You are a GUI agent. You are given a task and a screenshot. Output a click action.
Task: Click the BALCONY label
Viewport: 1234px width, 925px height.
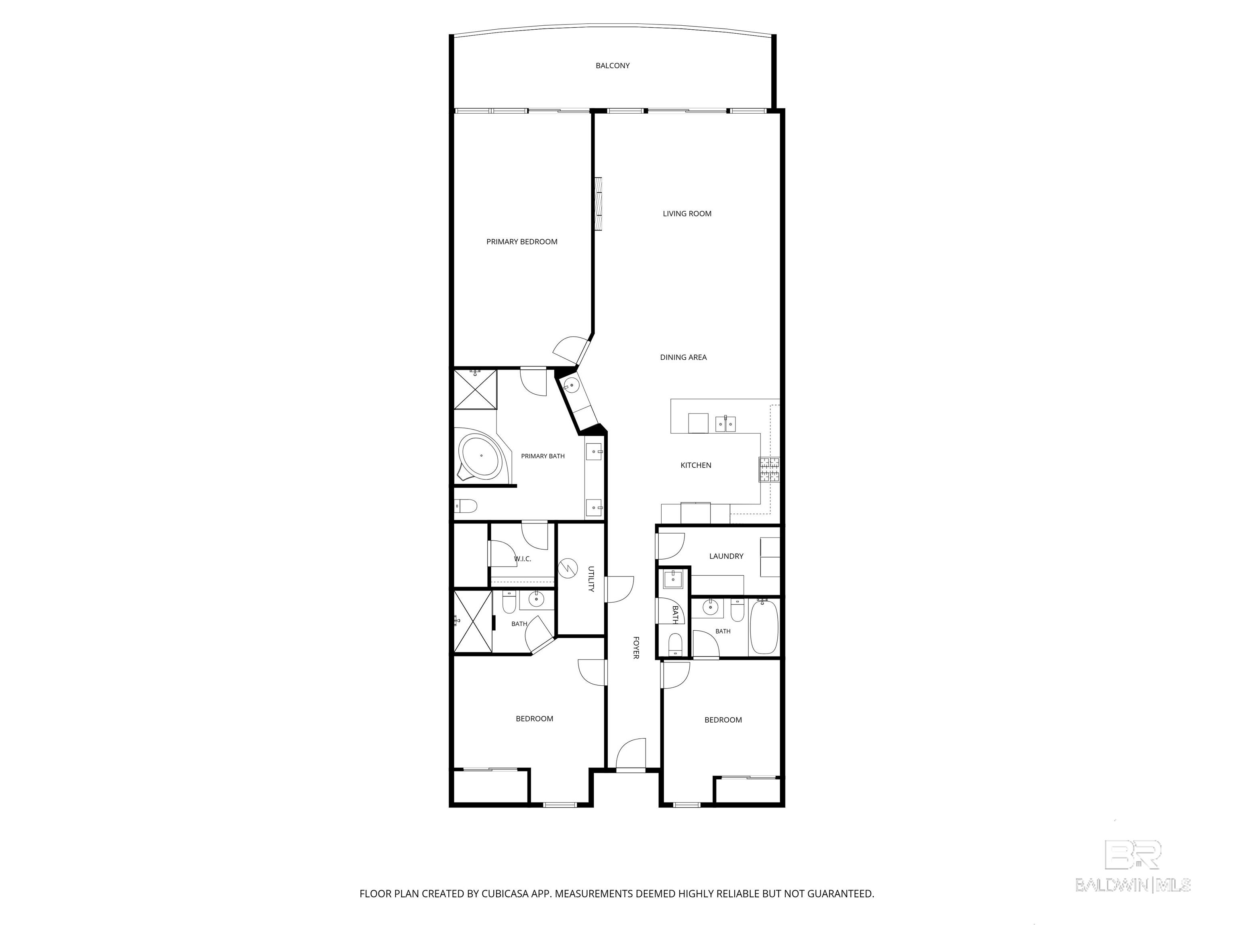click(613, 66)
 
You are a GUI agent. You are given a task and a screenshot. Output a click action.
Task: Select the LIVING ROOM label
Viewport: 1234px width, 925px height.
click(687, 214)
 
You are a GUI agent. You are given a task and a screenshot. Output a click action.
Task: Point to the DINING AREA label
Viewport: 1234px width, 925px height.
click(683, 357)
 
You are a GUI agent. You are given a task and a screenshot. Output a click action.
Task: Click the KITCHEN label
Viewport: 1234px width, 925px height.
click(696, 465)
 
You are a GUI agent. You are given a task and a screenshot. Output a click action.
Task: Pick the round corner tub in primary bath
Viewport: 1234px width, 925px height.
click(481, 456)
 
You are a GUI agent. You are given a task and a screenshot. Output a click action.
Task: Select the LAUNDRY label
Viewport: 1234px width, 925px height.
click(726, 556)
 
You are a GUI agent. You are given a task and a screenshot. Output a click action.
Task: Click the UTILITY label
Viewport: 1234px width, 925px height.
click(591, 579)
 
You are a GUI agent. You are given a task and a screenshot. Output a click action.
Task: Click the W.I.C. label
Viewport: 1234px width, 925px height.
click(522, 559)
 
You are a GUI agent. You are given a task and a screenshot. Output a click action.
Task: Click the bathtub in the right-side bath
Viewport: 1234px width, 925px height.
click(764, 627)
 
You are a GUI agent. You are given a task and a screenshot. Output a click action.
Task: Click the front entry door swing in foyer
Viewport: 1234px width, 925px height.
click(631, 754)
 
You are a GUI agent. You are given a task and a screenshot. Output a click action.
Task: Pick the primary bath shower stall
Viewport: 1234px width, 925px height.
click(475, 389)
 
